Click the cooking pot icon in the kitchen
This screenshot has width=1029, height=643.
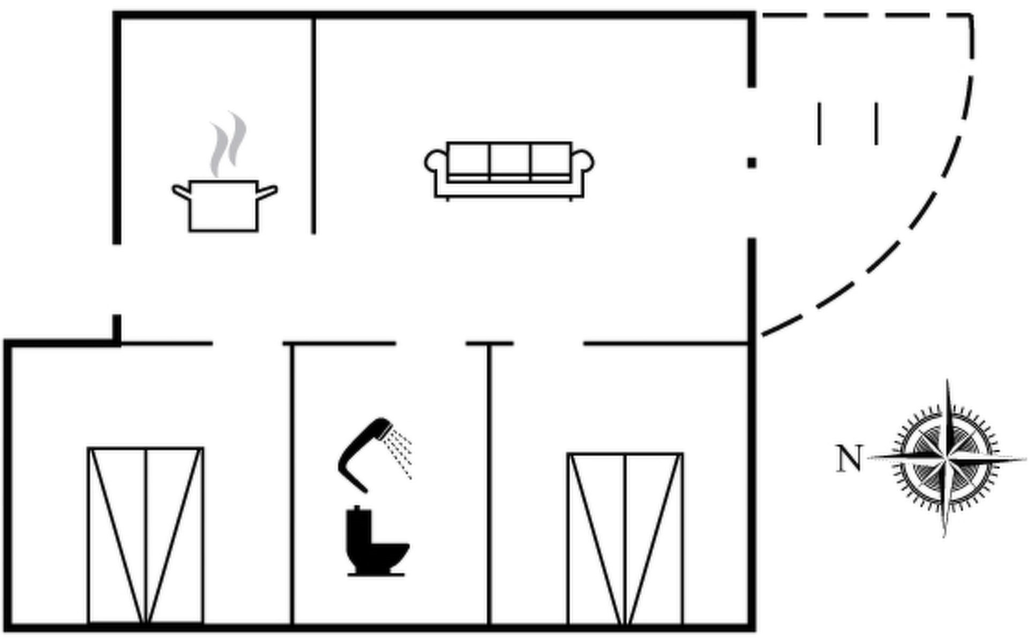224,206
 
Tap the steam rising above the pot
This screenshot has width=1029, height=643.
228,144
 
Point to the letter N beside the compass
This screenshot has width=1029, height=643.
850,459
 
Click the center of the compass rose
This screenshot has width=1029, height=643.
947,458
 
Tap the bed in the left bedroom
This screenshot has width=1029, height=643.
145,535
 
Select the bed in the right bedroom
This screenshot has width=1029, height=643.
625,539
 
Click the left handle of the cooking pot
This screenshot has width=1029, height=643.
181,191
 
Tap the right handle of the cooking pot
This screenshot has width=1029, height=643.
267,191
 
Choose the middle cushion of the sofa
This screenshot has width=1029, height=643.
510,159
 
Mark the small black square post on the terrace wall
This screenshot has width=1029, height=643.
752,163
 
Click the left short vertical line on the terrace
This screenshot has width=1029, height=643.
819,124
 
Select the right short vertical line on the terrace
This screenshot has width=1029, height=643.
876,124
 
